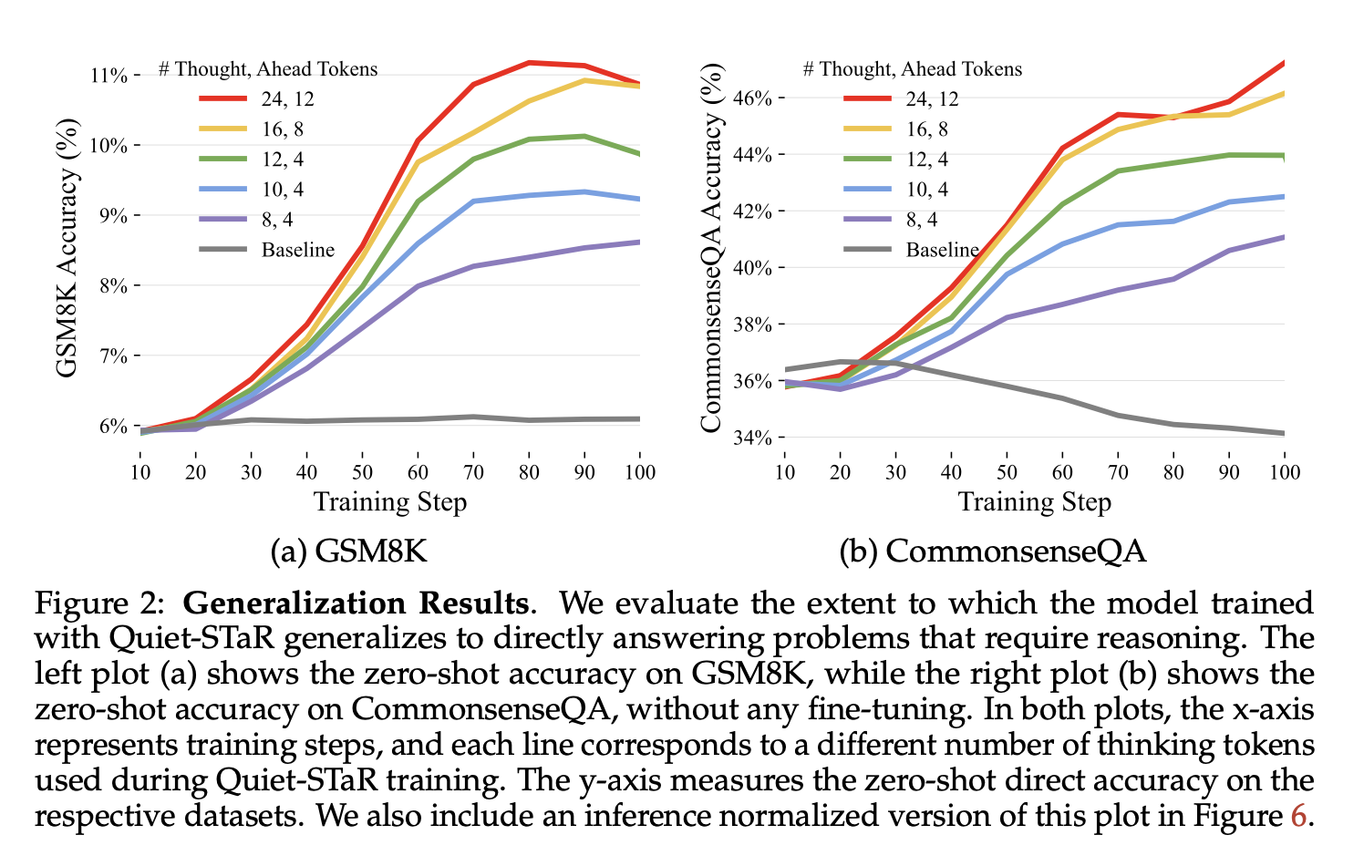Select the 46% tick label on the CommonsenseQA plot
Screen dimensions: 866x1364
click(x=753, y=98)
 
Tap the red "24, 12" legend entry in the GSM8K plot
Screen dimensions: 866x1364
click(x=287, y=99)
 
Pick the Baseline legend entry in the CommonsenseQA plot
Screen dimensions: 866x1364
click(x=942, y=250)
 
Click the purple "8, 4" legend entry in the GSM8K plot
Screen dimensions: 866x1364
click(x=276, y=220)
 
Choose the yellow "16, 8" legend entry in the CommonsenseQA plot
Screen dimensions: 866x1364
click(x=926, y=129)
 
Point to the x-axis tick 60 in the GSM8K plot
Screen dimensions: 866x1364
click(x=418, y=471)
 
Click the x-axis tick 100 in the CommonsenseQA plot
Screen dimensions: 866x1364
click(x=1284, y=471)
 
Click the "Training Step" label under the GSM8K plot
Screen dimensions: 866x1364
click(x=389, y=502)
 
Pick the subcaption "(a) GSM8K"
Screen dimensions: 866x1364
click(x=348, y=551)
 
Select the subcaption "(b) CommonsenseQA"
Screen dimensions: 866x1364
click(x=992, y=551)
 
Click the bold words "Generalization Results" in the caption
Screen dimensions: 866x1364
click(x=356, y=603)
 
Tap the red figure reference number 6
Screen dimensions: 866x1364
click(x=1298, y=815)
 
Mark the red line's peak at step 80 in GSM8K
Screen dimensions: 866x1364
click(x=529, y=63)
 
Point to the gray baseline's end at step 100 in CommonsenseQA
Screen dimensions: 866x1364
click(x=1284, y=433)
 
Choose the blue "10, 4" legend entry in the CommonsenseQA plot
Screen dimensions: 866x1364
click(x=925, y=190)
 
